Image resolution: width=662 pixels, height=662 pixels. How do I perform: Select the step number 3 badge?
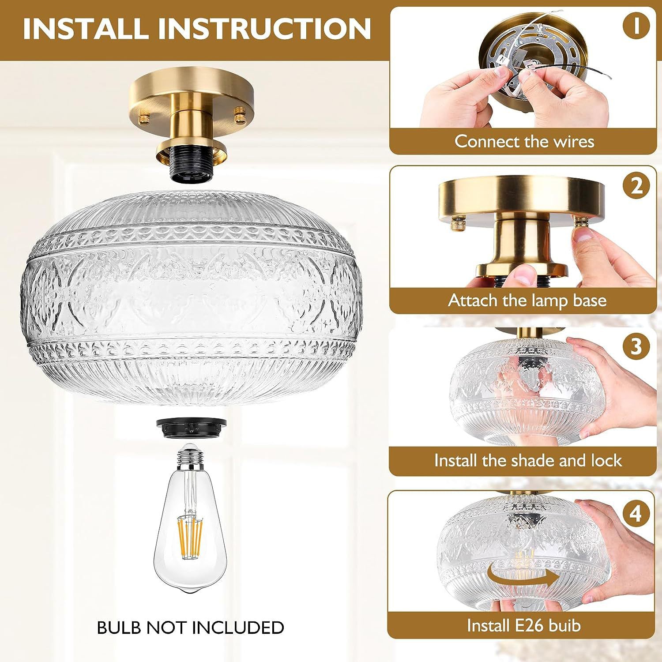[x=636, y=346]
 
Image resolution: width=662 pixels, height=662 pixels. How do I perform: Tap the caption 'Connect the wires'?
[x=524, y=141]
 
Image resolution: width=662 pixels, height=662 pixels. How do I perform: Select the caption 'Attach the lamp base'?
[x=527, y=301]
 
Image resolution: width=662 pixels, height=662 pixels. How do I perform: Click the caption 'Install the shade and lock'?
[x=528, y=460]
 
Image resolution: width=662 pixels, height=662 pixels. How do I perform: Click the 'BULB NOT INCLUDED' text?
[x=191, y=628]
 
